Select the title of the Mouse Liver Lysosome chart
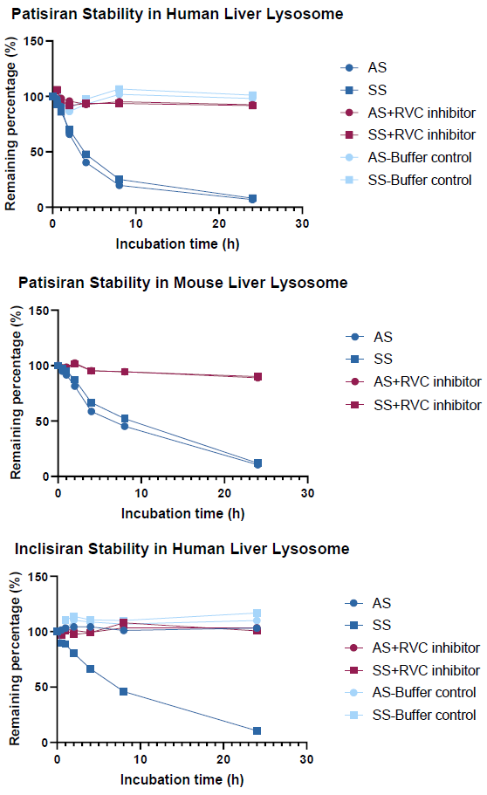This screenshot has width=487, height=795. coord(182,283)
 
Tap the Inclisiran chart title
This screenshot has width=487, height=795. coord(182,549)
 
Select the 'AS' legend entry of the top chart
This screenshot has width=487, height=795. coord(378,67)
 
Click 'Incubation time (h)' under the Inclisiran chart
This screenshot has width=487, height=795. coord(182,777)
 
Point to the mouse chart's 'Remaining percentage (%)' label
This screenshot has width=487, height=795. coord(15,393)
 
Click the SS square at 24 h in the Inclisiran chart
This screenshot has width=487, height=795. coord(257,730)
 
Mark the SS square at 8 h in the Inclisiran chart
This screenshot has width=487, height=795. coord(123,691)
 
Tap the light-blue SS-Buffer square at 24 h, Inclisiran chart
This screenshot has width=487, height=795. coord(257,613)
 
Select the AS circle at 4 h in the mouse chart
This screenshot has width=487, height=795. coord(91,411)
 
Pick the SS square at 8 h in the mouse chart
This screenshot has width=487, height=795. coord(125,419)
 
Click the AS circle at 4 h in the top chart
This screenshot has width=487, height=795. coord(86,162)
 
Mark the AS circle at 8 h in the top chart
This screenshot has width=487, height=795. coord(119,185)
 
